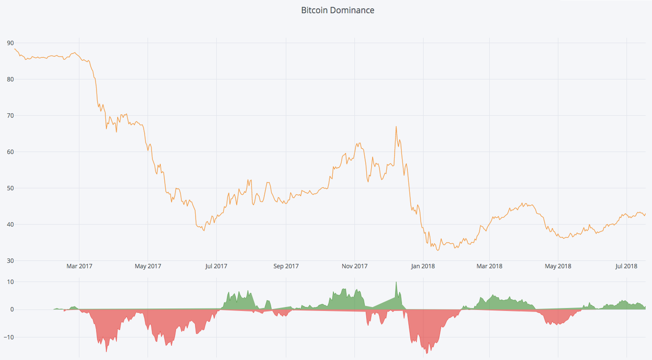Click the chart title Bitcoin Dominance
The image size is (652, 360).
pos(337,10)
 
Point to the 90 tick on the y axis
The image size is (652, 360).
pos(10,43)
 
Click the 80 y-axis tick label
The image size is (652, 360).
pos(10,79)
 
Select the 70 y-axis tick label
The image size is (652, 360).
pos(10,116)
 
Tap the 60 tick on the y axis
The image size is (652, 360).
pos(10,152)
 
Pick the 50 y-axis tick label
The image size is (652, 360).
pos(10,188)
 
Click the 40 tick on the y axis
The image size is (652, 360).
pos(10,225)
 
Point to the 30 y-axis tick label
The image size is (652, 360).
pos(10,261)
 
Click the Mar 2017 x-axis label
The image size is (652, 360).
pos(79,266)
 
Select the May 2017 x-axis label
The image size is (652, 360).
pos(148,266)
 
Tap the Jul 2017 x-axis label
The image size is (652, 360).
pos(216,266)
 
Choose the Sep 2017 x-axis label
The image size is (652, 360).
pos(286,266)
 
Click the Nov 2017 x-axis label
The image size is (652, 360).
pos(354,266)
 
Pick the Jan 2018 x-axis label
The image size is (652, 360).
pos(423,266)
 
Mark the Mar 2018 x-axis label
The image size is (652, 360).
pos(489,266)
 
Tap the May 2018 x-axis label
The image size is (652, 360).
pos(558,266)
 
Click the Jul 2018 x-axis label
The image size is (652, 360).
pos(627,266)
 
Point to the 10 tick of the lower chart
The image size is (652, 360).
pos(10,282)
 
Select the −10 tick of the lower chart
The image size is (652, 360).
pos(9,337)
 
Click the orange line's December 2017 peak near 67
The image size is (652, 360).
pos(396,127)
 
